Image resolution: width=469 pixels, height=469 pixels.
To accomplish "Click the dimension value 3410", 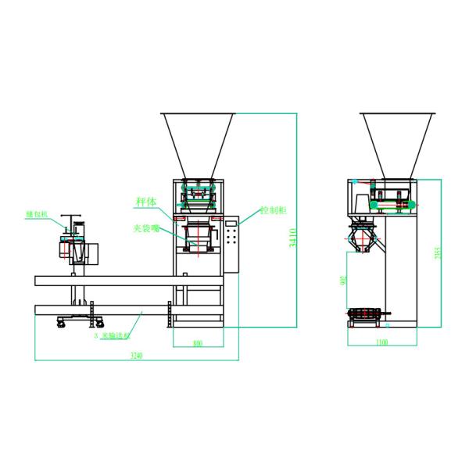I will (294, 238).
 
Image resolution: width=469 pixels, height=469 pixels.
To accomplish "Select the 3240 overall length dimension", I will (138, 356).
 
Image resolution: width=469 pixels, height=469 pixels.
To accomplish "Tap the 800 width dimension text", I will (197, 342).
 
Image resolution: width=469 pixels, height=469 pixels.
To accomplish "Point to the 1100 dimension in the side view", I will (382, 342).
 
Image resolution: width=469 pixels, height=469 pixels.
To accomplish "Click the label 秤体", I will (146, 202).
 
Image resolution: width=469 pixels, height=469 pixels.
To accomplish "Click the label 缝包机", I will (37, 213).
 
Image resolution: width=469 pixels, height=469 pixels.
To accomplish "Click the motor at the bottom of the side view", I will (367, 315).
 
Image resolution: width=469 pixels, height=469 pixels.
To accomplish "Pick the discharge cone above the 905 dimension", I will (363, 238).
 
